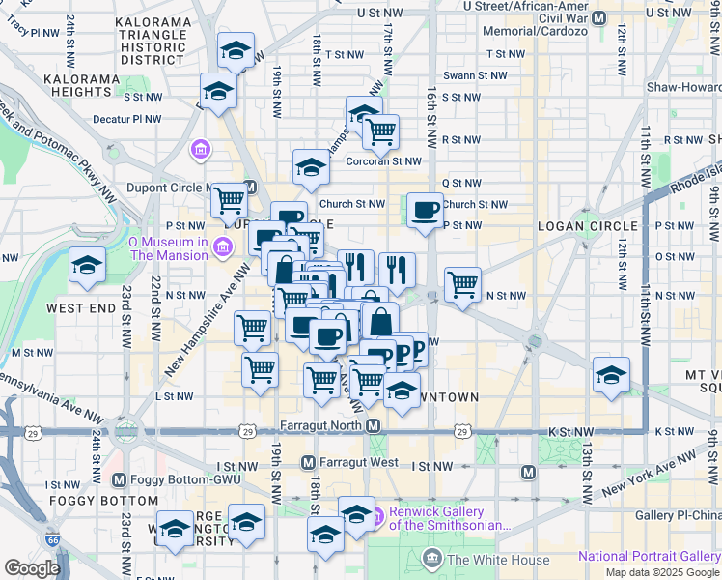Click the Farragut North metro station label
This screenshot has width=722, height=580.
pos(319,425)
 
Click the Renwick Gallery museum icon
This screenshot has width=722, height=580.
pos(378,513)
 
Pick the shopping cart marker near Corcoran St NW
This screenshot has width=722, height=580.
pos(381,131)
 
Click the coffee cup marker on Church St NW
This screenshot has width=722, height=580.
pos(425,211)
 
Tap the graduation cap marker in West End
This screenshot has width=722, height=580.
pos(87,266)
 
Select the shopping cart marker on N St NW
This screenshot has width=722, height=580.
pos(463,285)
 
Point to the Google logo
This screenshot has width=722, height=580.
pos(33,568)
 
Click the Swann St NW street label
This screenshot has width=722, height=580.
pos(475,75)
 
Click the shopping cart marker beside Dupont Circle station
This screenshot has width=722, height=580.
pos(230,201)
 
